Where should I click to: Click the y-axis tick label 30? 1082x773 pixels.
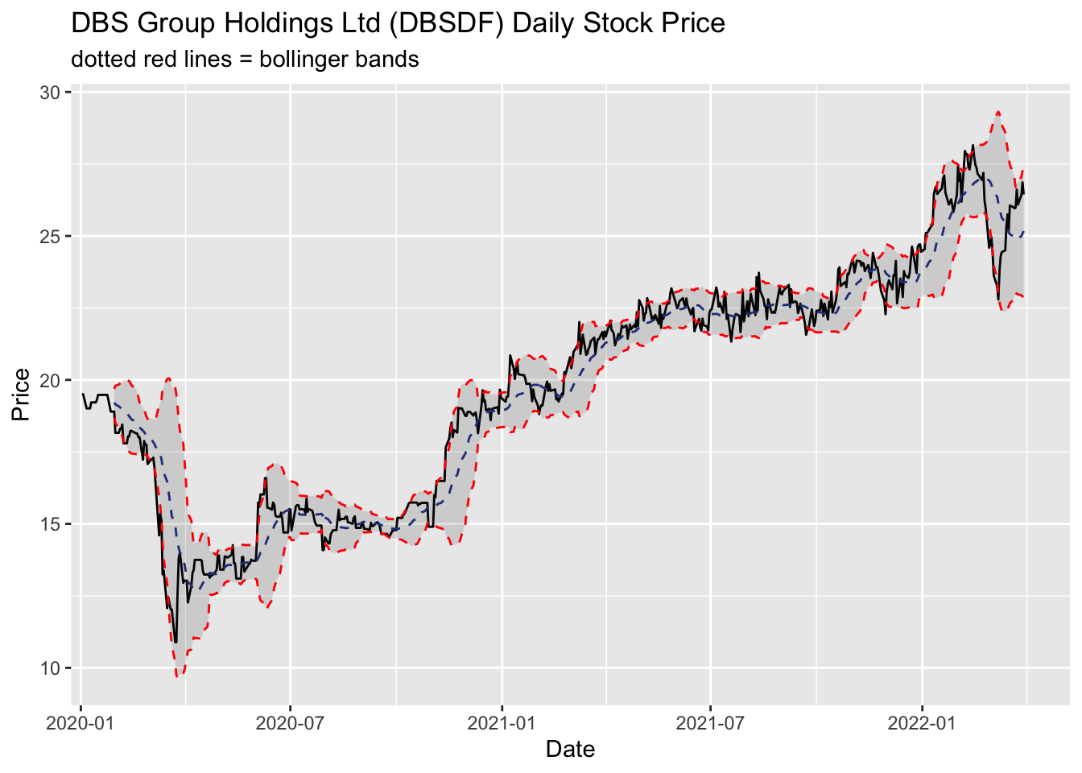click(51, 93)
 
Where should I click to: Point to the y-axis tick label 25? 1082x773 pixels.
click(51, 237)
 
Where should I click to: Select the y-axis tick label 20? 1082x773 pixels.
click(51, 380)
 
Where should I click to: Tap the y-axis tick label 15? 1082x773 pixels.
click(51, 524)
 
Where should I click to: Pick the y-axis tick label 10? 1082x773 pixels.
click(51, 668)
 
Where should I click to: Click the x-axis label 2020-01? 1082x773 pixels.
click(81, 722)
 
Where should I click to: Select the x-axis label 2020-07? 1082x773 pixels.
click(290, 722)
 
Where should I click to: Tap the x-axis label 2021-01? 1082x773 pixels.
click(502, 722)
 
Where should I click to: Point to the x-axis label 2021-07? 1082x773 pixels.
click(710, 722)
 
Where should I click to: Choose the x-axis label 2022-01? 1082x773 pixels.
click(922, 722)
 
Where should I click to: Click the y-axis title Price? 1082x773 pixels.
click(21, 395)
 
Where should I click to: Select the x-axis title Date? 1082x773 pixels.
click(570, 750)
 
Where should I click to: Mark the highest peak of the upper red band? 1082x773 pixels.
click(997, 112)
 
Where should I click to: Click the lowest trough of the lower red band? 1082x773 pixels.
click(180, 676)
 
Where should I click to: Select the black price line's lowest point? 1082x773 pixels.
click(175, 642)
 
